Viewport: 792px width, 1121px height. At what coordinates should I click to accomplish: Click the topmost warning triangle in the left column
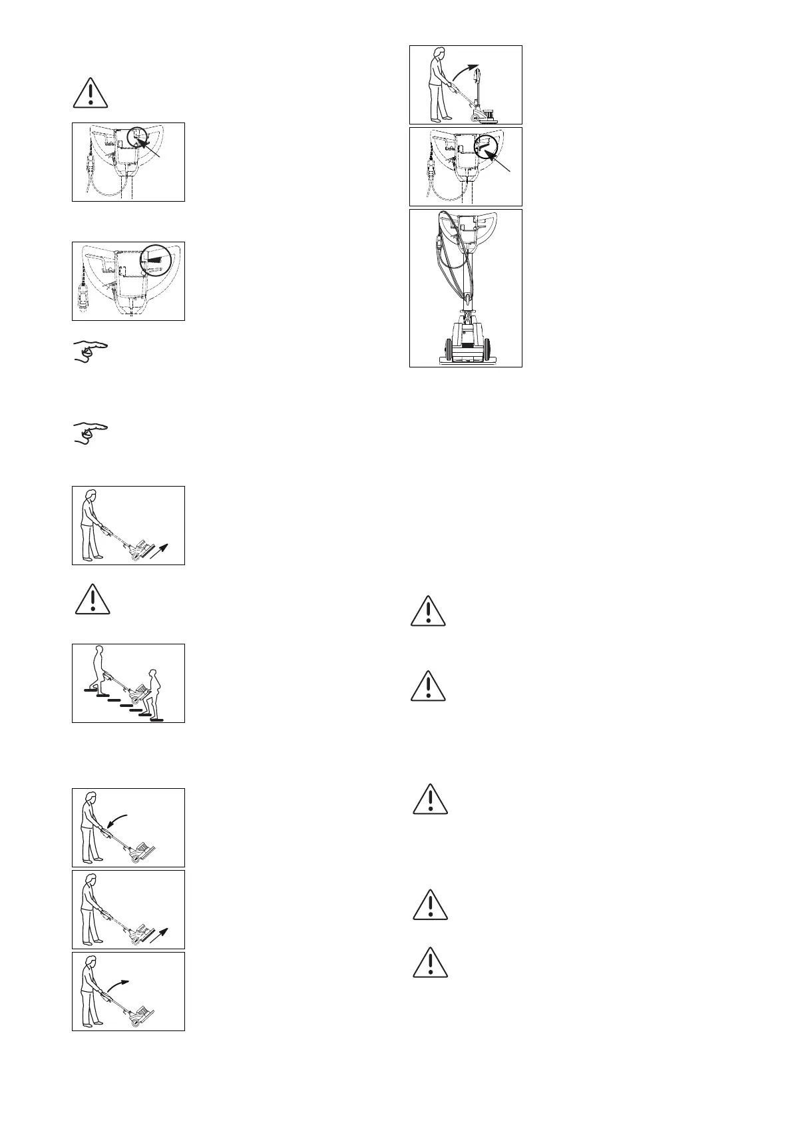(x=90, y=93)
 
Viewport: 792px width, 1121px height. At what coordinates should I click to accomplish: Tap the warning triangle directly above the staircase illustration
(x=93, y=599)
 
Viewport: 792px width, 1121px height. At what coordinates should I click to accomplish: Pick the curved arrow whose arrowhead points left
(x=118, y=819)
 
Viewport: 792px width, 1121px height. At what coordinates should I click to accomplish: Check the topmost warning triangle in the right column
(x=428, y=610)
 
